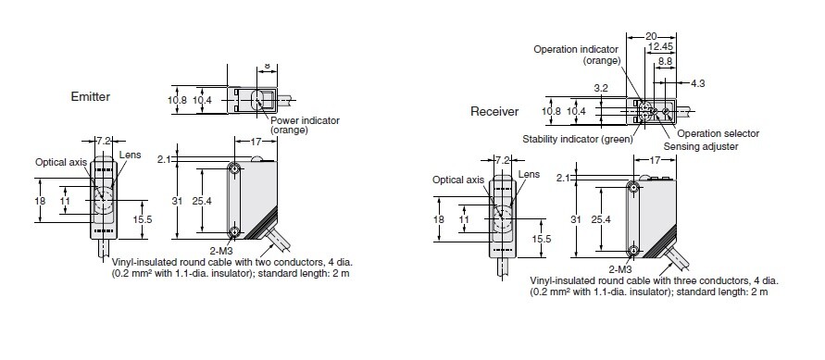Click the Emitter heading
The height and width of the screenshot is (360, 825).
91,96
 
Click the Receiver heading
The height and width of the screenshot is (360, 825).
494,111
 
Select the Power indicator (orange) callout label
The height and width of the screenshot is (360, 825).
305,125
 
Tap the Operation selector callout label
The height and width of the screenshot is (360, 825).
719,133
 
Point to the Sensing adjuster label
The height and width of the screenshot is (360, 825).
701,146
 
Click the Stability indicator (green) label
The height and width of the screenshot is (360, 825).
578,139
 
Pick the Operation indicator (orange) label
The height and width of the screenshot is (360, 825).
576,55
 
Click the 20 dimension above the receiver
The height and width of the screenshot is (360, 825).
651,36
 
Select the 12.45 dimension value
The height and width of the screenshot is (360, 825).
661,47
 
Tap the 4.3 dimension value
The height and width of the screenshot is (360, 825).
697,83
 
